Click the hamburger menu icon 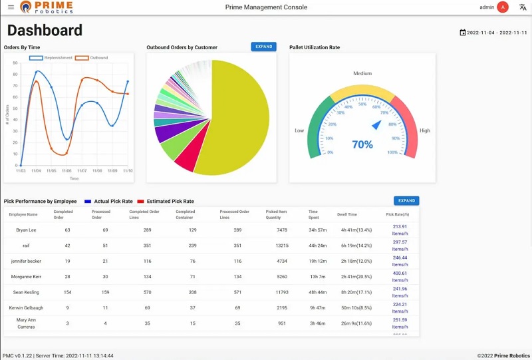click(x=11, y=7)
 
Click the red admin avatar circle click(x=503, y=7)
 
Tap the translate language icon click(x=523, y=7)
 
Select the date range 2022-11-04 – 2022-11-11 click(x=493, y=33)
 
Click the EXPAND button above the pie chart click(x=263, y=47)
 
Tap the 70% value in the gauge click(x=362, y=144)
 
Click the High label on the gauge click(x=424, y=130)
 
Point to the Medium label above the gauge click(x=362, y=73)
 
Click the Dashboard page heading click(x=45, y=31)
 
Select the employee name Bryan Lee click(x=27, y=230)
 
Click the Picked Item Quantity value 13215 click(x=281, y=246)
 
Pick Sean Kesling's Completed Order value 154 click(x=67, y=292)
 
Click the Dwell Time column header click(x=347, y=214)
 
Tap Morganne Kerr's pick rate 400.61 click(x=400, y=273)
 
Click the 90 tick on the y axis click(x=15, y=63)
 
